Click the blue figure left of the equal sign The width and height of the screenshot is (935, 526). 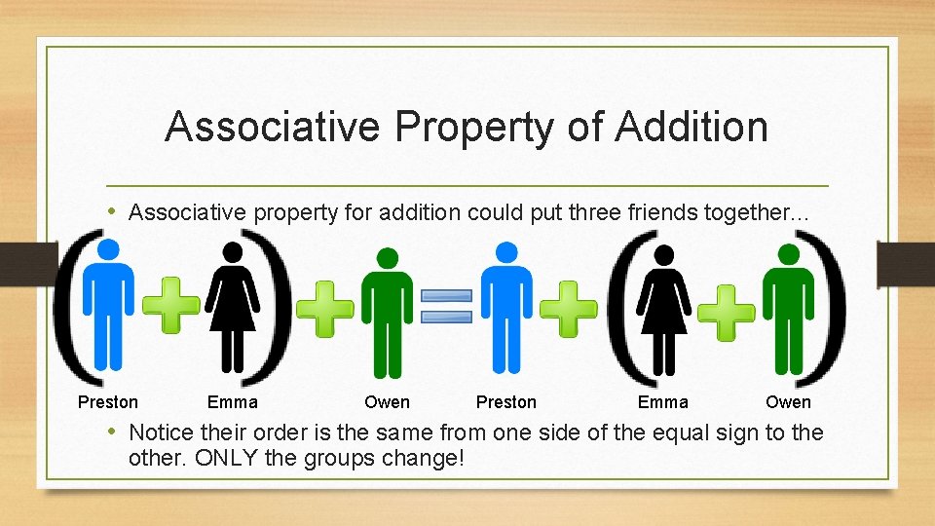click(x=109, y=306)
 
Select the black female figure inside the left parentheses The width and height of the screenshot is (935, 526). click(x=233, y=306)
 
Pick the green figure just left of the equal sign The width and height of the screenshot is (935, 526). click(x=387, y=312)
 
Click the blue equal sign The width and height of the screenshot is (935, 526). click(x=446, y=306)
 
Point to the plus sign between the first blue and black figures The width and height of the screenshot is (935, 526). click(x=171, y=306)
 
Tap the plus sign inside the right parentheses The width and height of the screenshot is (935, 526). click(x=727, y=312)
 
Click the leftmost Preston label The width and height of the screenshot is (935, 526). click(x=108, y=402)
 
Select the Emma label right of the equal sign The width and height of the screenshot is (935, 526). click(x=663, y=402)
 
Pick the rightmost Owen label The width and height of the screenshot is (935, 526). click(x=788, y=402)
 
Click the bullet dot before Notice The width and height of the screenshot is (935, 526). click(x=113, y=432)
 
